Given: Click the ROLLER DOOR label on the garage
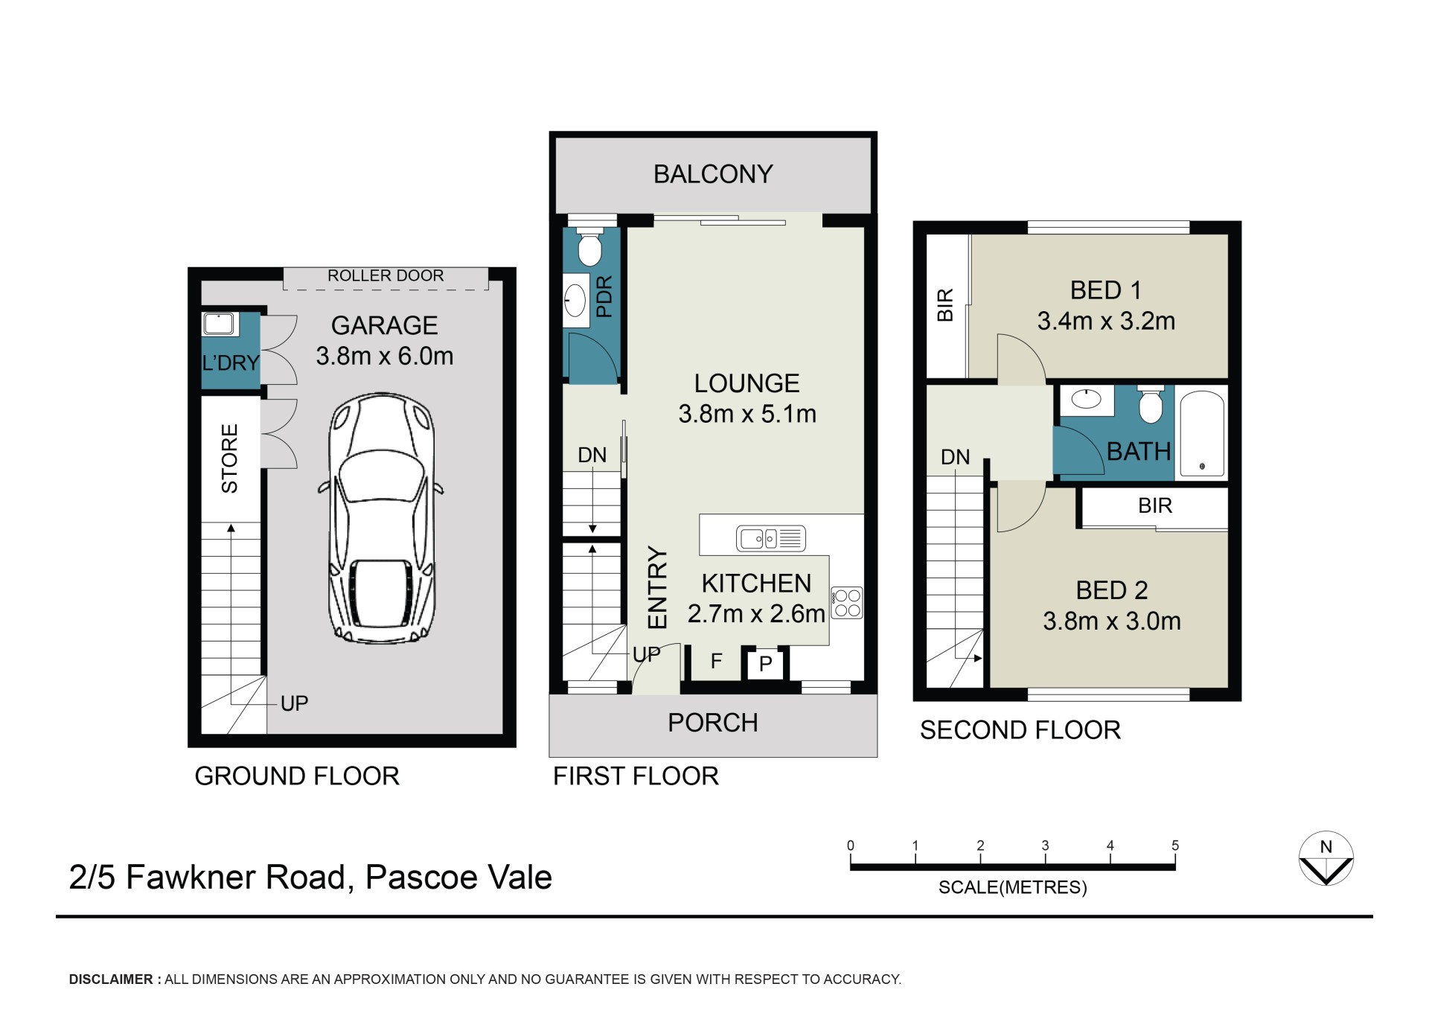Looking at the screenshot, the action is pyautogui.click(x=386, y=275).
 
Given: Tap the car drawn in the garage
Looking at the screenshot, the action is pyautogui.click(x=381, y=518).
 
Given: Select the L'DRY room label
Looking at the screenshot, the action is pyautogui.click(x=231, y=363).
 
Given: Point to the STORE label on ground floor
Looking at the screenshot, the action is pyautogui.click(x=229, y=458).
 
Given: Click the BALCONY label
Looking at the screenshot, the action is pyautogui.click(x=713, y=174).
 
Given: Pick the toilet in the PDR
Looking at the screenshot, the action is pyautogui.click(x=590, y=249).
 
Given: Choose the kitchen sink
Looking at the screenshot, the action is pyautogui.click(x=771, y=538).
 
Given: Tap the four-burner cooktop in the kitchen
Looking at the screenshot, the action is pyautogui.click(x=847, y=604).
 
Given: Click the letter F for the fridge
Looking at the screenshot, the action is pyautogui.click(x=717, y=661).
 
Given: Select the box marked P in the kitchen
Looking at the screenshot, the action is pyautogui.click(x=765, y=663).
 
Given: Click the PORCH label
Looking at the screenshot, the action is pyautogui.click(x=713, y=723).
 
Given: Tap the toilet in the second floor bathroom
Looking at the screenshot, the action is pyautogui.click(x=1151, y=404).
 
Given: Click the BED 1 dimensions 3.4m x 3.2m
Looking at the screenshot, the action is pyautogui.click(x=1106, y=322).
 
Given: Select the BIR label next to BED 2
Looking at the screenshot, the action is pyautogui.click(x=1155, y=506).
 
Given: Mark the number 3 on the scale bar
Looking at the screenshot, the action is pyautogui.click(x=1045, y=846).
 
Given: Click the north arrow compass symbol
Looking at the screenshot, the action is pyautogui.click(x=1326, y=858).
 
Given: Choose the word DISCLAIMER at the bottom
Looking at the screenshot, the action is pyautogui.click(x=111, y=979).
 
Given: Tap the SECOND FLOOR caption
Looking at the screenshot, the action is pyautogui.click(x=1020, y=730).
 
